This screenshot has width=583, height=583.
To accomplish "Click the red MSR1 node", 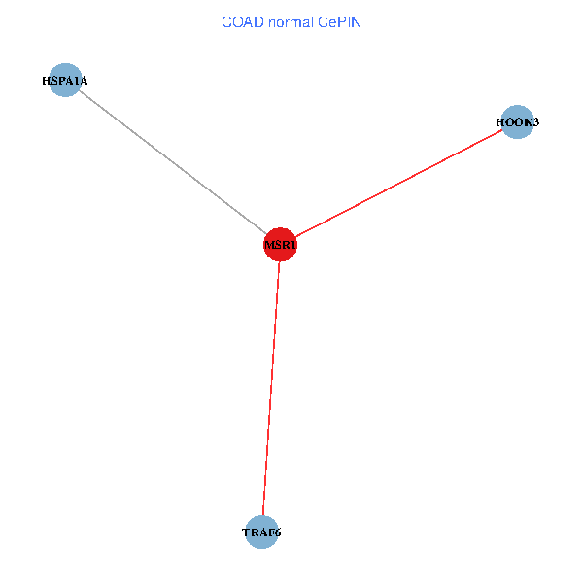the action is coord(280,245).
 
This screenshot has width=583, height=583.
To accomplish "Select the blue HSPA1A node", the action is coord(64,81).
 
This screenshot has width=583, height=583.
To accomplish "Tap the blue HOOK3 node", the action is coord(517,123).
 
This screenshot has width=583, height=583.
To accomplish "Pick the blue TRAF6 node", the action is coord(262,532).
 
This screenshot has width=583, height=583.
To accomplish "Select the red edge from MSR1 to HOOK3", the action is coord(398,184).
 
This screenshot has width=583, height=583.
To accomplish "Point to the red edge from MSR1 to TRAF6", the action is coord(271,389).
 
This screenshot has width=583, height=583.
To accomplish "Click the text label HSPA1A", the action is coord(64,81).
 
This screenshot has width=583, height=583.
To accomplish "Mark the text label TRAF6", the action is coord(262,532).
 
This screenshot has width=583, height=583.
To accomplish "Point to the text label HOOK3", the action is coord(517,123).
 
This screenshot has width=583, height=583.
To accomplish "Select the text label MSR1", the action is coord(280,245).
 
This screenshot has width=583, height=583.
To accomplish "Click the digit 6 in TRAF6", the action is coord(279,532).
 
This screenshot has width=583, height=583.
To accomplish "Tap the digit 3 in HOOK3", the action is coord(535,123).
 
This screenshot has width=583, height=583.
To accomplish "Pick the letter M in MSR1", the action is coord(269,245).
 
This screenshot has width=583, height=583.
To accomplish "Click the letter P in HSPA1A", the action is coord(61,81).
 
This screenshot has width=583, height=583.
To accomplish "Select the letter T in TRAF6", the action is coord(246,532).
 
